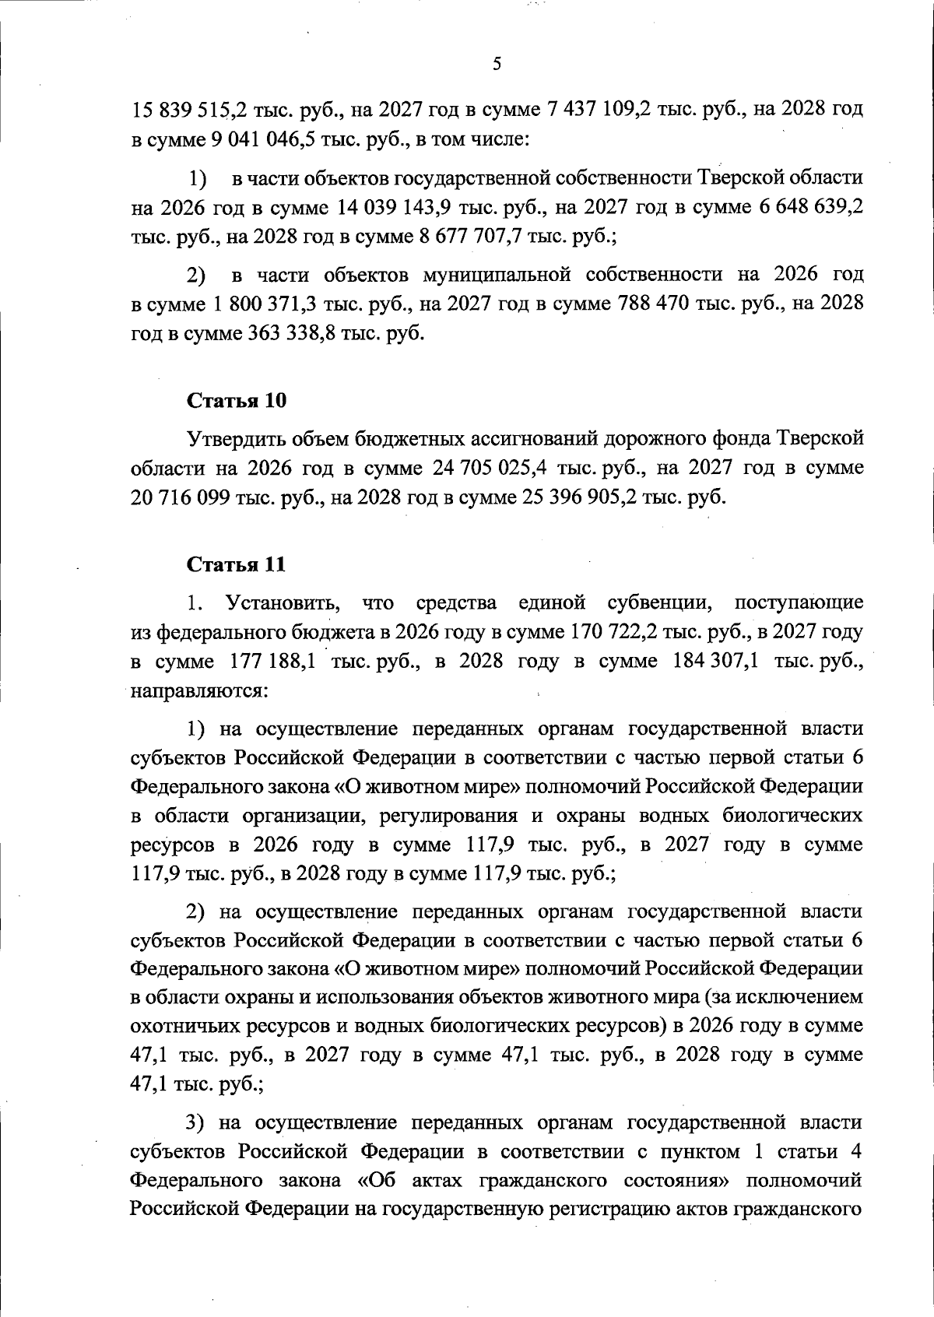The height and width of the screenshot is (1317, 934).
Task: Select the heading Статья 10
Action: click(237, 401)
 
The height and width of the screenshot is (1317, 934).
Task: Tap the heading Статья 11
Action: click(237, 564)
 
